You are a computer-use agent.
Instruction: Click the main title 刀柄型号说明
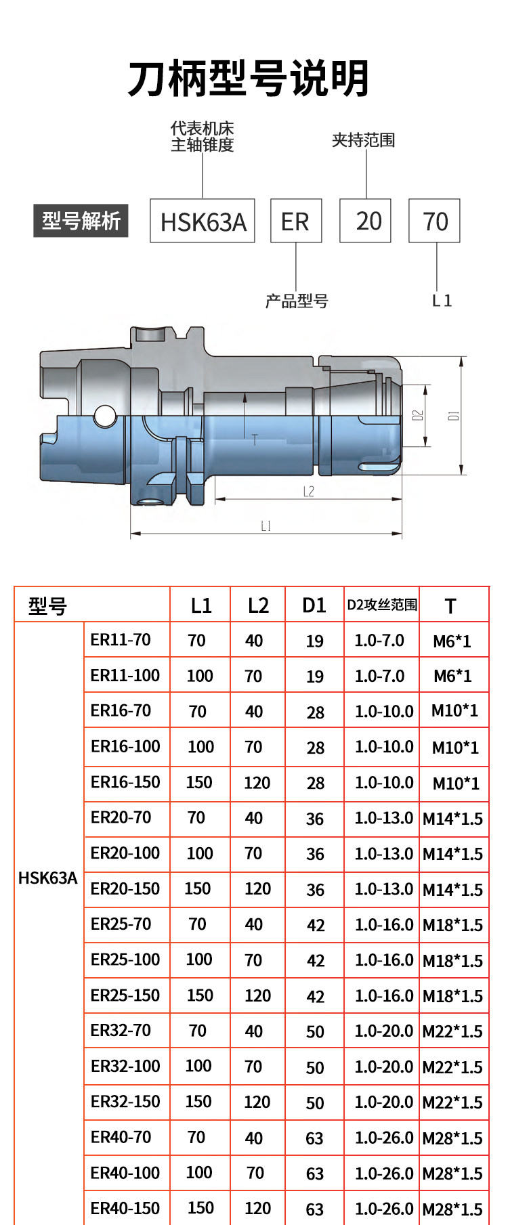pyautogui.click(x=249, y=79)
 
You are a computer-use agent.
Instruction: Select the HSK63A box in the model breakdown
pyautogui.click(x=203, y=221)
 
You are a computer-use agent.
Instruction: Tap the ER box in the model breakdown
pyautogui.click(x=296, y=221)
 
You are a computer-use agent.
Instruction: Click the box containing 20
pyautogui.click(x=365, y=221)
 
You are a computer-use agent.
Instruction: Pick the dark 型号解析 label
pyautogui.click(x=81, y=220)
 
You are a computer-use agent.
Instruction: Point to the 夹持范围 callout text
pyautogui.click(x=363, y=140)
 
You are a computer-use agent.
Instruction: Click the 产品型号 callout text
pyautogui.click(x=297, y=301)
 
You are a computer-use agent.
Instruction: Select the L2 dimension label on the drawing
pyautogui.click(x=309, y=491)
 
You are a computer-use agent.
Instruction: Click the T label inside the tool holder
pyautogui.click(x=255, y=439)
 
